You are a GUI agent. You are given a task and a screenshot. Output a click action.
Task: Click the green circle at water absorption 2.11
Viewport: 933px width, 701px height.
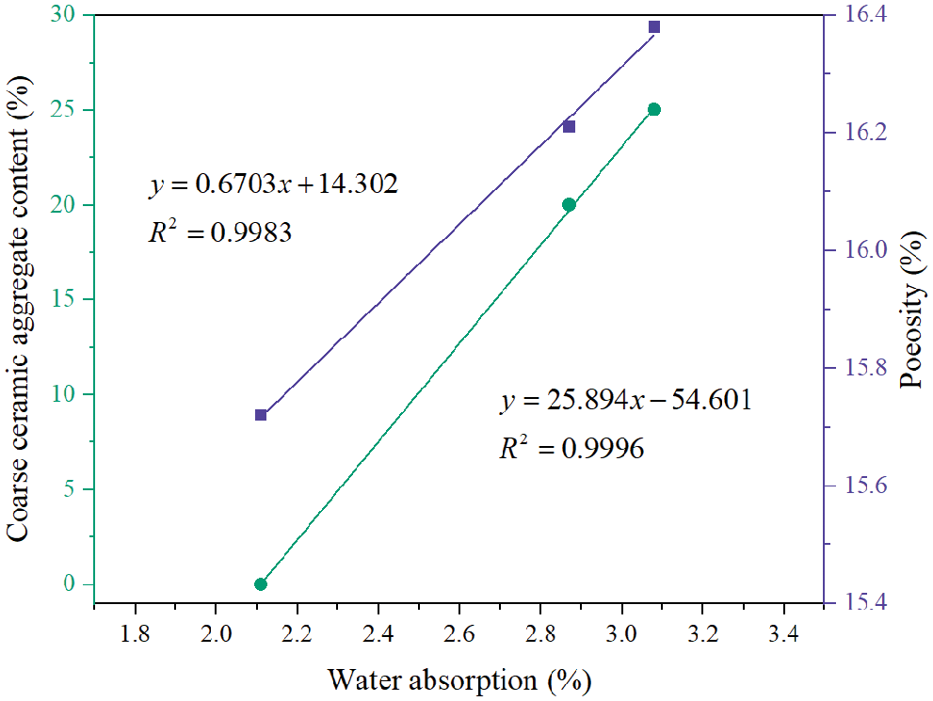coord(261,584)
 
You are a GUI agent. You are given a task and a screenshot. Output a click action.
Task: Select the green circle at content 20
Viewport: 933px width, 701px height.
coord(569,204)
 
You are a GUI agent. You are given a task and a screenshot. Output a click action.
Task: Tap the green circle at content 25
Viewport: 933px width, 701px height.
coord(654,109)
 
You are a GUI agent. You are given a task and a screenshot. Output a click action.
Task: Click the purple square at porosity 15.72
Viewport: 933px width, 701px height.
coord(261,415)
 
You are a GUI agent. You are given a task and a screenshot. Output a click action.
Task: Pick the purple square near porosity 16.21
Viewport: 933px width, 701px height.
coord(569,126)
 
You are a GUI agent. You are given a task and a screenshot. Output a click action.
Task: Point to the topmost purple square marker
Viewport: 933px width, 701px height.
coord(654,27)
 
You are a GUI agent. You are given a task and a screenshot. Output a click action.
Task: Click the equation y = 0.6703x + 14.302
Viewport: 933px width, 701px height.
coord(273,183)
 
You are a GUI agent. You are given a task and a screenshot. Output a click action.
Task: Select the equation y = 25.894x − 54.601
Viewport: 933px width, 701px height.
coord(625,401)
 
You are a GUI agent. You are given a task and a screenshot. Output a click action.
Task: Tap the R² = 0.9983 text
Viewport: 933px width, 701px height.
coord(218,231)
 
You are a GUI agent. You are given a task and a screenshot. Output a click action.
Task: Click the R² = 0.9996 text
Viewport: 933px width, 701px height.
coord(571,449)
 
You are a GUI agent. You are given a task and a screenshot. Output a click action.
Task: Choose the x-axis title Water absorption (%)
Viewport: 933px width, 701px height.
coord(459,677)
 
